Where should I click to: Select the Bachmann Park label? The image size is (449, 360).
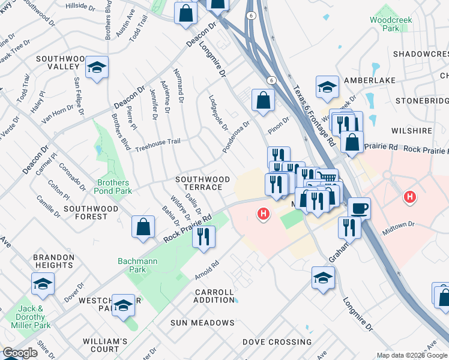click(x=132, y=265)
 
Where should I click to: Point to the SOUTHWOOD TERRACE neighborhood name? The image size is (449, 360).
click(x=202, y=183)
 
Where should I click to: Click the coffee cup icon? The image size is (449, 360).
click(x=359, y=208)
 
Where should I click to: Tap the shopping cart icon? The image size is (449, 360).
click(x=326, y=176)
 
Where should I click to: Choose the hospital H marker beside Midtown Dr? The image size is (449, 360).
click(x=410, y=196)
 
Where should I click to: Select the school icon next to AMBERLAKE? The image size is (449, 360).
click(x=327, y=87)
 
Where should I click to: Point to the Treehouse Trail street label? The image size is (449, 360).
click(x=157, y=145)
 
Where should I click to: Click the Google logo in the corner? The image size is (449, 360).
click(x=20, y=353)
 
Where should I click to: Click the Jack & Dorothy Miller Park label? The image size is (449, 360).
click(x=28, y=317)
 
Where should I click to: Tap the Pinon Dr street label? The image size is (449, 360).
click(x=279, y=123)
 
